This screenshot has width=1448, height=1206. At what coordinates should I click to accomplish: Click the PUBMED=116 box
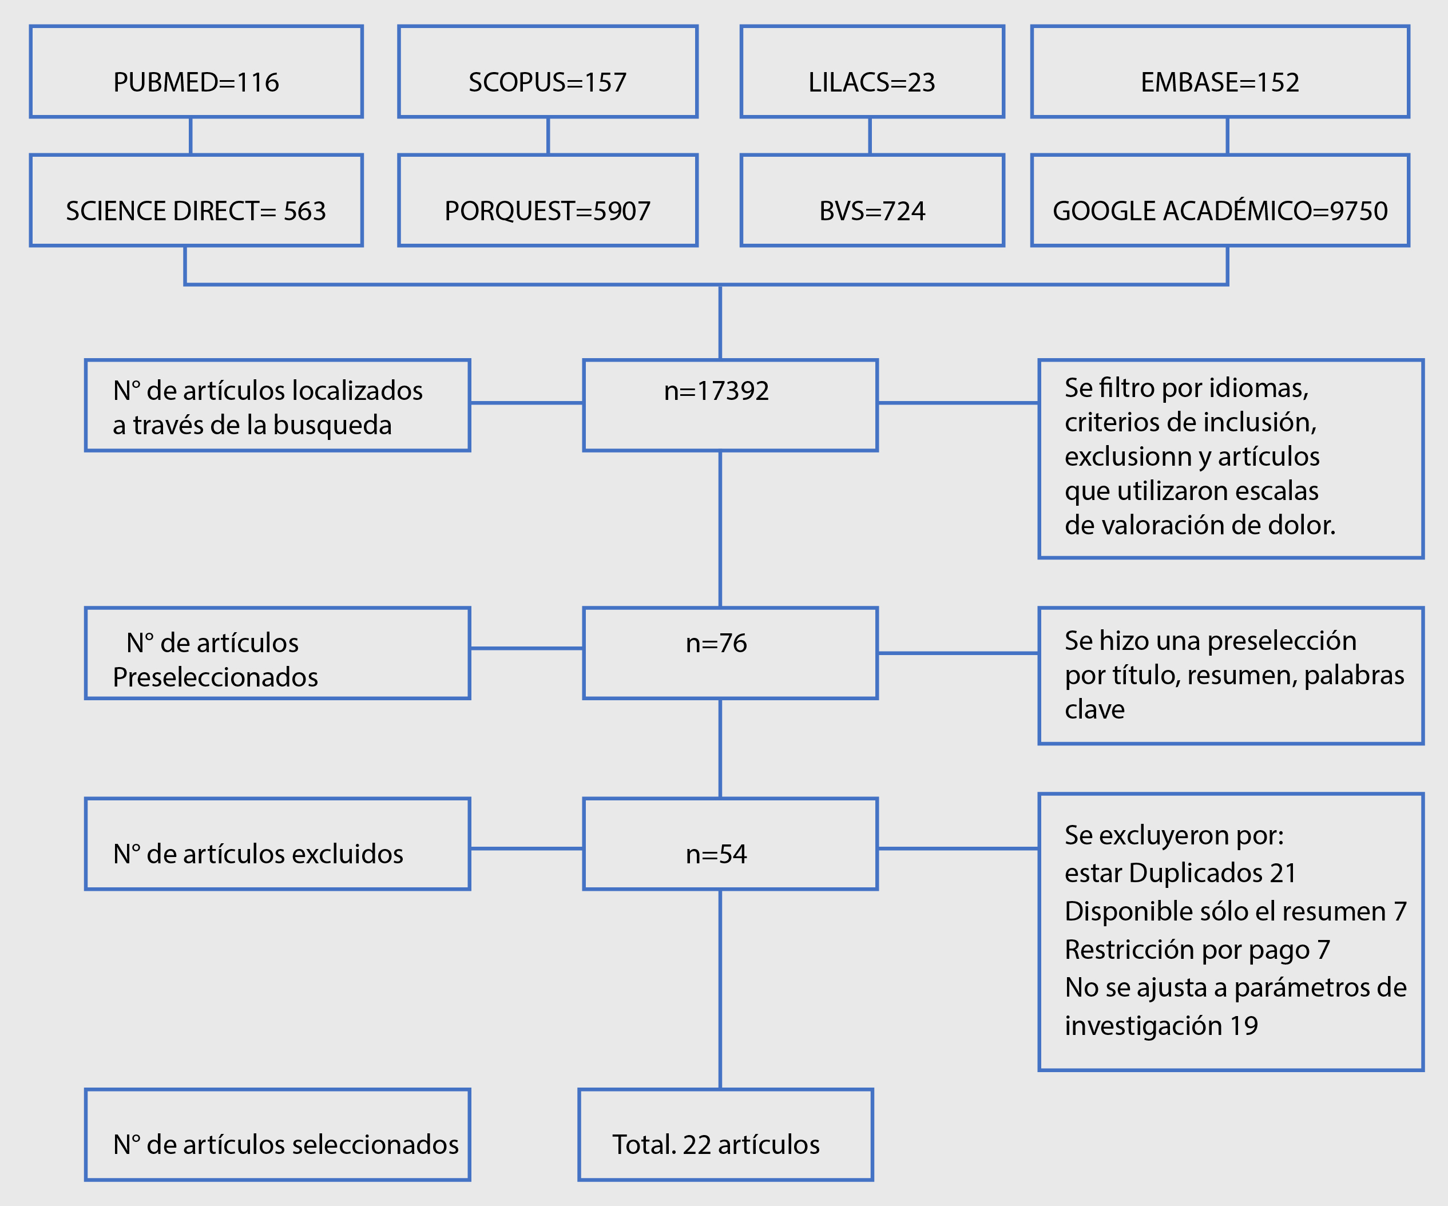[196, 72]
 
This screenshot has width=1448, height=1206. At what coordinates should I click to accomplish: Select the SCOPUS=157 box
[548, 72]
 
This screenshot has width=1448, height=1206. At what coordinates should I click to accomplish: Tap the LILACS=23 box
[872, 72]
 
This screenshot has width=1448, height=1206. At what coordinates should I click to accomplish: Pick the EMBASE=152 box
[1220, 72]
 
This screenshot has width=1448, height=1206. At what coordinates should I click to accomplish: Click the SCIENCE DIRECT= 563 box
[196, 200]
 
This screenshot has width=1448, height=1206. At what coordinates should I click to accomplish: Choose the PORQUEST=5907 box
[548, 200]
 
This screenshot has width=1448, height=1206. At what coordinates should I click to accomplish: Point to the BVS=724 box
[872, 200]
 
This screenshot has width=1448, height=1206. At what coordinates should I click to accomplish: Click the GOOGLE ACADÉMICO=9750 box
[1220, 200]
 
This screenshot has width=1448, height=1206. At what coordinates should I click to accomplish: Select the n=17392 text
[716, 391]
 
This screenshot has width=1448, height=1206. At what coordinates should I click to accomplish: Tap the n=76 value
[716, 644]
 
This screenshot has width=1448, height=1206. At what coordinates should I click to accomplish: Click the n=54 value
[716, 854]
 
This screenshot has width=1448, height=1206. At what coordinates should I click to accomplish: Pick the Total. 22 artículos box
[725, 1135]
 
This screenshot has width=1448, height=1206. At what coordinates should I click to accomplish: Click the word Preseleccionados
[215, 678]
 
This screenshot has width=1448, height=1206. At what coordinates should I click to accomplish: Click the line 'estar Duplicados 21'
[1180, 873]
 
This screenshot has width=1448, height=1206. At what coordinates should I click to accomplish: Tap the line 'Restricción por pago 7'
[1197, 950]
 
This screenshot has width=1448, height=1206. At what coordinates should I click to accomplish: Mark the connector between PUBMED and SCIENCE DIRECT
[191, 136]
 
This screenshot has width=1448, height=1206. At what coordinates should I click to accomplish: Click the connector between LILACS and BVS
[870, 136]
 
